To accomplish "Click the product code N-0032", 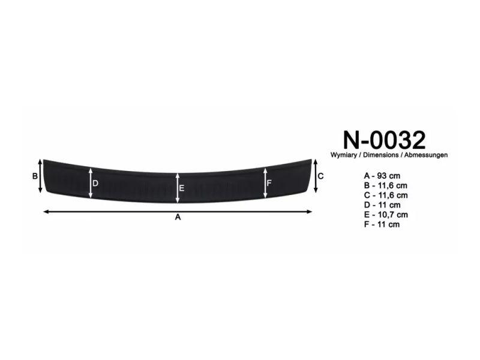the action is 384,140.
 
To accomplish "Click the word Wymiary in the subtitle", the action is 343,155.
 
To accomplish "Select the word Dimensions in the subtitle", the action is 381,155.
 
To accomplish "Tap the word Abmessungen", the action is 426,155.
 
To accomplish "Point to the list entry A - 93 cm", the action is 382,176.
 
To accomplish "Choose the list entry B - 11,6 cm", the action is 386,185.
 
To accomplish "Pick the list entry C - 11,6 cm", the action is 386,196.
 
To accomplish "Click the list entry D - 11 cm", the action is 382,205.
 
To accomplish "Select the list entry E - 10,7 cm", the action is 386,215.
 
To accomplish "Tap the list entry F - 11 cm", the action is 382,224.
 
